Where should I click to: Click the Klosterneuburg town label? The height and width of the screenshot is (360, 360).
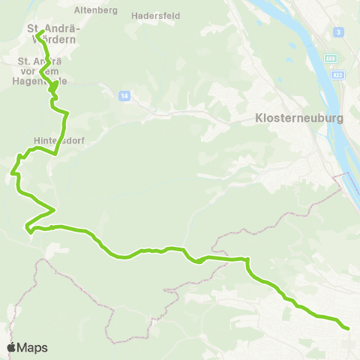(289, 118)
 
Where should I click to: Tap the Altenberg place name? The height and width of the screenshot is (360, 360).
(91, 10)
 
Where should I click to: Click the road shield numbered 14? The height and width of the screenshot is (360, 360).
(124, 95)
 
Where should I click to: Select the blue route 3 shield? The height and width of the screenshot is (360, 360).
(339, 32)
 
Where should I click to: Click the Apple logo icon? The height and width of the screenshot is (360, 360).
(11, 347)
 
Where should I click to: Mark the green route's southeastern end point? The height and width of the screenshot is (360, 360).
(348, 328)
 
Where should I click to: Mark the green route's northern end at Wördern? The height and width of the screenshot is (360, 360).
(38, 32)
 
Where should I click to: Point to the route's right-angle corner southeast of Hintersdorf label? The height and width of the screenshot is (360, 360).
(56, 153)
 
